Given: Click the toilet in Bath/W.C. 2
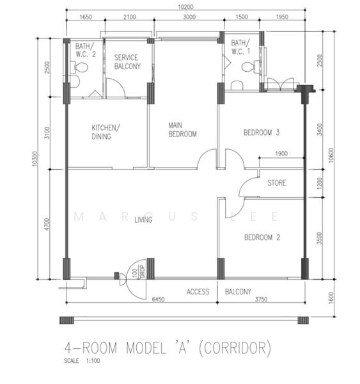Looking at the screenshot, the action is click(79, 67).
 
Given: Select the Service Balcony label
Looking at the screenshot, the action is click(127, 61).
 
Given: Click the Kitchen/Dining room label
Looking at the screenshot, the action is click(106, 132).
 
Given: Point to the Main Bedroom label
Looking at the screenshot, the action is click(182, 130).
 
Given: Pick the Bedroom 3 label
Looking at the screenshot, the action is click(262, 132).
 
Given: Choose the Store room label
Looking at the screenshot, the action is click(276, 183).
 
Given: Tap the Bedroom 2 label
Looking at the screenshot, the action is click(262, 237).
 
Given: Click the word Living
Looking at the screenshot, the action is click(143, 220).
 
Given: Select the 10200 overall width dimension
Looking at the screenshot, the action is click(185, 7).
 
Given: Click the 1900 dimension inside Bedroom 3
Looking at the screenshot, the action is click(281, 154).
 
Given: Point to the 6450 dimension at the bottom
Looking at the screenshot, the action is click(158, 299).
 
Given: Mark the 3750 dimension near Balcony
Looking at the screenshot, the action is click(261, 299).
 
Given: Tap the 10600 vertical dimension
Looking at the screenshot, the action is click(331, 155).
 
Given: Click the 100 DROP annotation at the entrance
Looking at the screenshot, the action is click(138, 272).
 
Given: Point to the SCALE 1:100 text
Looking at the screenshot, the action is click(82, 361).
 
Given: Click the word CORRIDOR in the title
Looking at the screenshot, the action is click(235, 348).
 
